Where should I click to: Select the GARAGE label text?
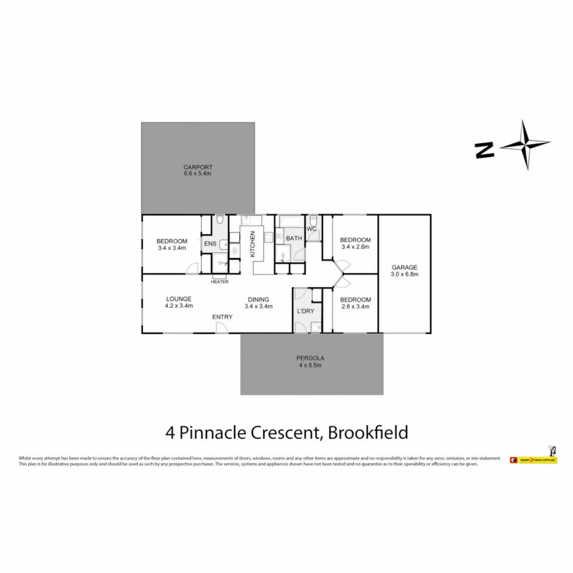click(x=404, y=267)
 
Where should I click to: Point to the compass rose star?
click(x=526, y=145)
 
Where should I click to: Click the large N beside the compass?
click(x=485, y=150)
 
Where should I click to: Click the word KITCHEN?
click(x=253, y=245)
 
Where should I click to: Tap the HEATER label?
click(x=220, y=282)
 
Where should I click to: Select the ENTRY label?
click(x=222, y=317)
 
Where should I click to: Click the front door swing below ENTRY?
click(x=222, y=328)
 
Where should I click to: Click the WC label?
click(x=312, y=229)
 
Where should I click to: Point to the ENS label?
click(x=210, y=244)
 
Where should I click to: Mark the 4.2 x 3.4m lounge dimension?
click(x=178, y=306)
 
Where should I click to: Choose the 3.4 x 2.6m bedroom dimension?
click(x=355, y=247)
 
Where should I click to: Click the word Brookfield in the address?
click(x=368, y=432)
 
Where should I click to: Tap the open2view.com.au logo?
click(x=533, y=459)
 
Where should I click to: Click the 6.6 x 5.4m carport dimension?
click(x=197, y=173)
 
